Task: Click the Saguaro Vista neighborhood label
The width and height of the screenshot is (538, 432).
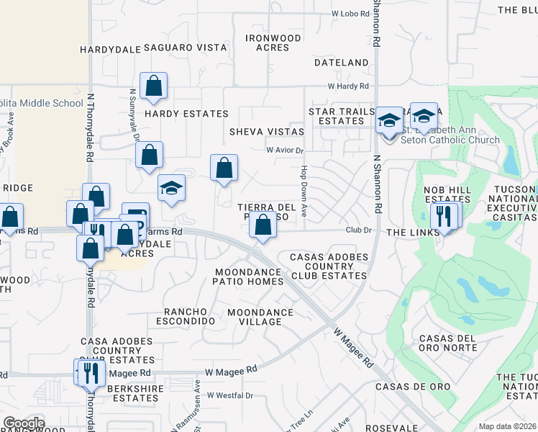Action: (x=186, y=47)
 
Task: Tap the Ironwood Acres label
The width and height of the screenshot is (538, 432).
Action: (x=273, y=42)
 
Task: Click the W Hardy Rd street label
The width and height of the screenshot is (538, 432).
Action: (x=347, y=86)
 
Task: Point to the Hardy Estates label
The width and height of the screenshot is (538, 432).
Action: (x=186, y=114)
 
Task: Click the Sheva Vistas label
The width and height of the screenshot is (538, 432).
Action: (x=266, y=132)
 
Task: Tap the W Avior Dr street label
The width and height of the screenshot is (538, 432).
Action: (x=286, y=150)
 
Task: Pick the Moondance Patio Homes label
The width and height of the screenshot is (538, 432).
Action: (x=250, y=276)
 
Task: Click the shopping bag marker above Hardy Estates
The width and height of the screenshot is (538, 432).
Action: (x=154, y=87)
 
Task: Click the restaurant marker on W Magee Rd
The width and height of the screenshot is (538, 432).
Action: (x=91, y=372)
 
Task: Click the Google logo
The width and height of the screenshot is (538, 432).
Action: (x=23, y=423)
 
